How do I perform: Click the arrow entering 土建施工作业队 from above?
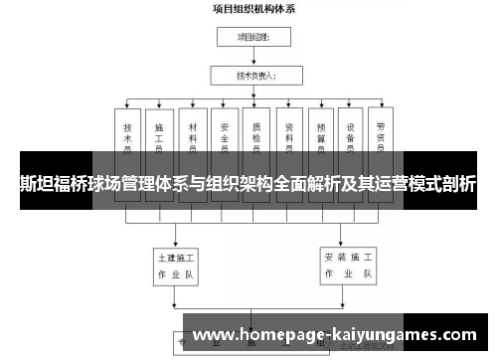(176, 238)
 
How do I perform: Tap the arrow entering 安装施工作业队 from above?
(349, 238)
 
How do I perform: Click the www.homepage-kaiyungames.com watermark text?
(336, 335)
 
